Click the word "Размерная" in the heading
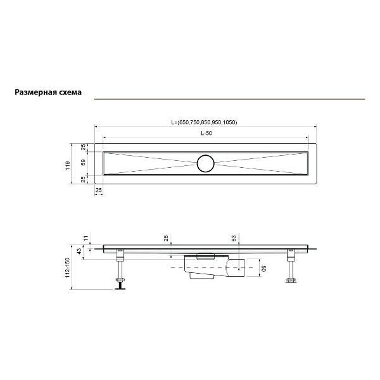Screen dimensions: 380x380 35,92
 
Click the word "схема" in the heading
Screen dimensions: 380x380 70,92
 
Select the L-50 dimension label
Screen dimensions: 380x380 206,133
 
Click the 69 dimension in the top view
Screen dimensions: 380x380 84,163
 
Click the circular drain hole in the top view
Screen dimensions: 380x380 206,163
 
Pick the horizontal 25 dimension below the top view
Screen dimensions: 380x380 99,189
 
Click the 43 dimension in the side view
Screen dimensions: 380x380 79,251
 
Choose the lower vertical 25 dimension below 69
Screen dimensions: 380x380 84,179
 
